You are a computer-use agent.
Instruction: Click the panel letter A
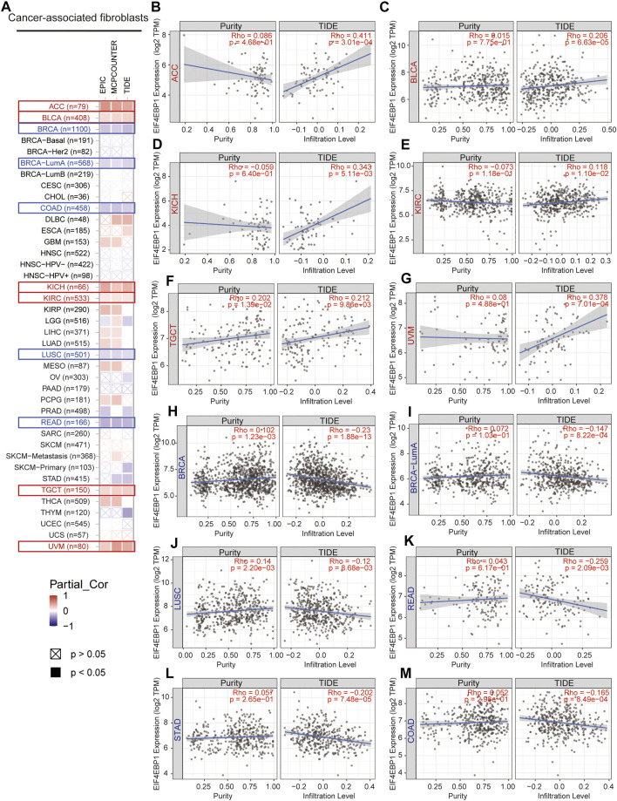pos(9,8)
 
